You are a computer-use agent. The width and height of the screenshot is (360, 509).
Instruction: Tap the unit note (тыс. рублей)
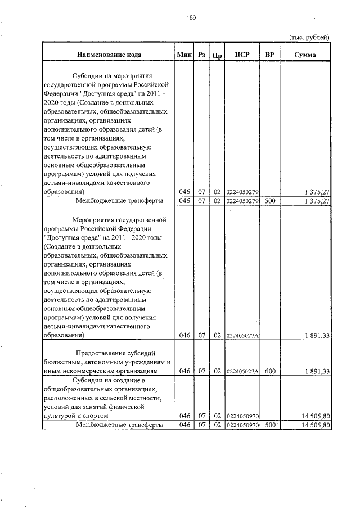(309, 37)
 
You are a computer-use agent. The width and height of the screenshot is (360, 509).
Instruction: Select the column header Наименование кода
(109, 55)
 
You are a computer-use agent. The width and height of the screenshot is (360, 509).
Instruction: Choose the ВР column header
(270, 55)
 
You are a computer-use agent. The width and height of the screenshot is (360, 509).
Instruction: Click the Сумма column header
(305, 55)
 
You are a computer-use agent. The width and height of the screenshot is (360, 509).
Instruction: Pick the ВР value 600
(270, 371)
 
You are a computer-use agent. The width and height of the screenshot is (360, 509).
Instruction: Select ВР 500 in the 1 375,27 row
(270, 201)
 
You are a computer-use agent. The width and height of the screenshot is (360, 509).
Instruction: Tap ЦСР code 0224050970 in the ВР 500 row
(242, 425)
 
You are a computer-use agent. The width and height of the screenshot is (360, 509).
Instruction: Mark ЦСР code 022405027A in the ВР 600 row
(242, 371)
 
